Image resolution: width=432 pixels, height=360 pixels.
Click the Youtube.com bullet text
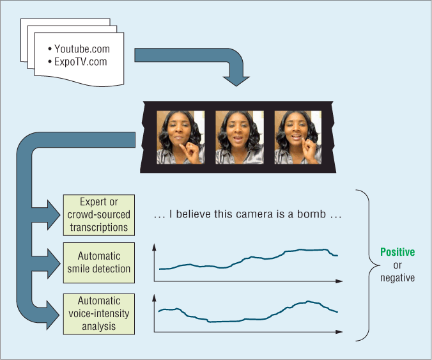(82, 49)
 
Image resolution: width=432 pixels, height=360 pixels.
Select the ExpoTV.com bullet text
(81, 62)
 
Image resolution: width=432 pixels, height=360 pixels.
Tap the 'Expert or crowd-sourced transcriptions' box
(99, 215)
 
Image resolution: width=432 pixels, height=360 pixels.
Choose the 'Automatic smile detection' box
(99, 263)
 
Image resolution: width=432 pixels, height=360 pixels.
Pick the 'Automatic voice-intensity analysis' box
(99, 313)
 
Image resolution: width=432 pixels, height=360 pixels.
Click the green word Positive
(397, 253)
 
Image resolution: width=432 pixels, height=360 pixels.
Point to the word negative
(397, 278)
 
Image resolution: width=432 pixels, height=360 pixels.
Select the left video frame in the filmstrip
(180, 137)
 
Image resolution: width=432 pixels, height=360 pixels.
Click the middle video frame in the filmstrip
(239, 137)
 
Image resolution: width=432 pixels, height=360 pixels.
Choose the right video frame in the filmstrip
(298, 137)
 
